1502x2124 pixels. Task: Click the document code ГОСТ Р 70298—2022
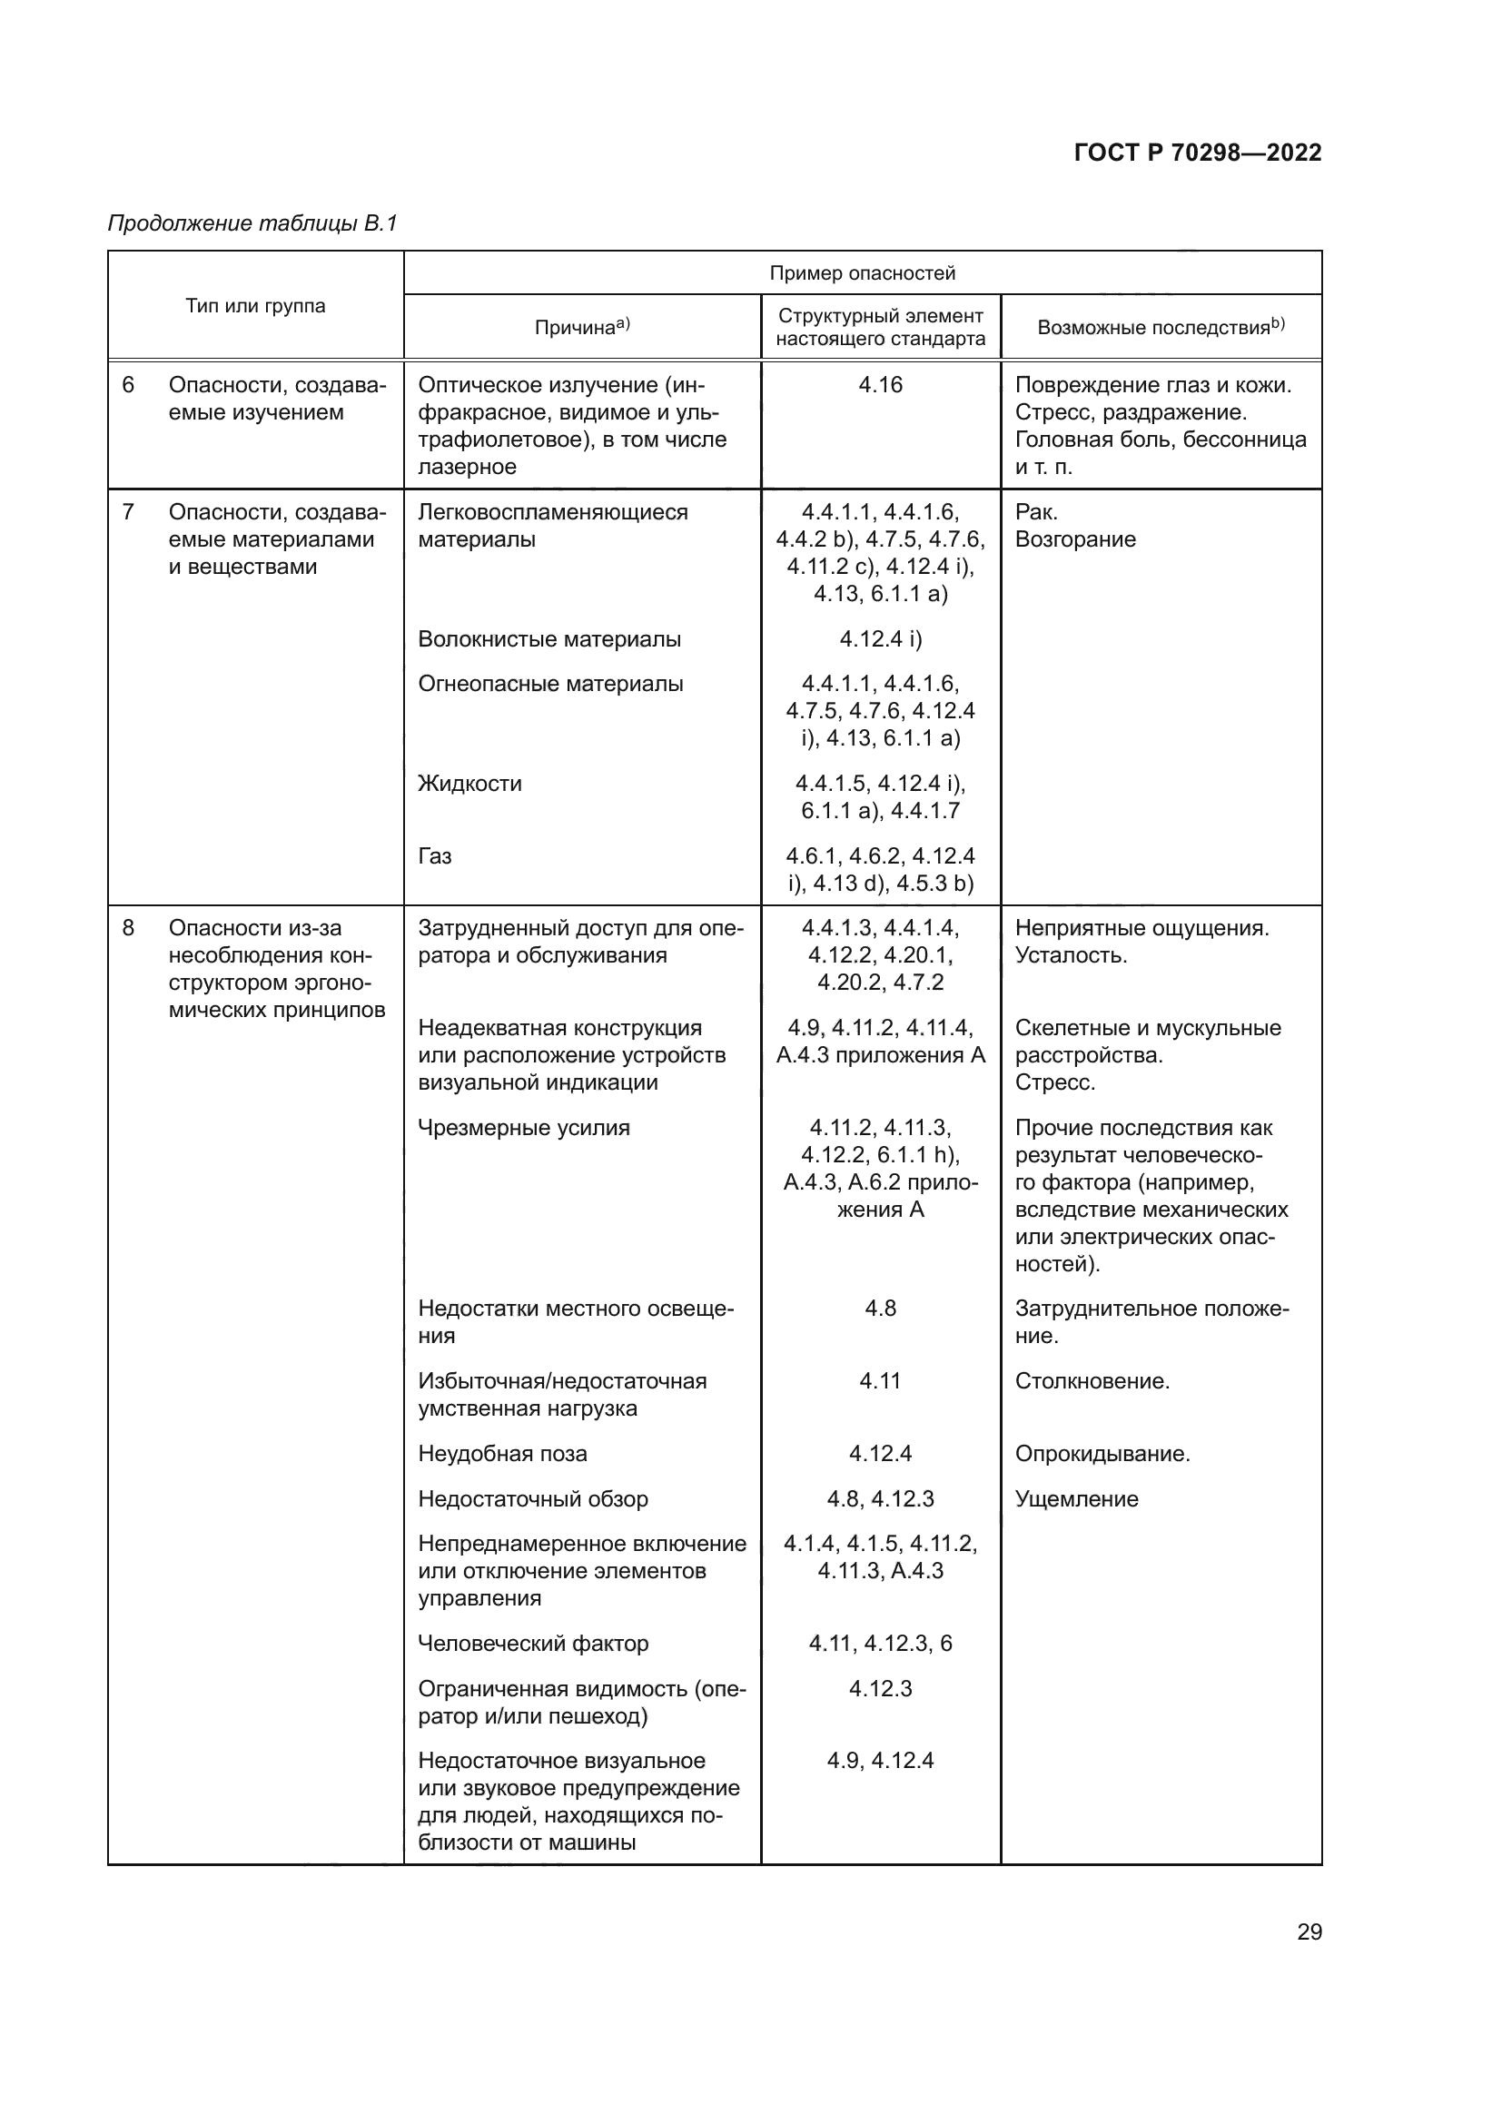[1197, 153]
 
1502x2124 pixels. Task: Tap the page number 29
[1309, 1931]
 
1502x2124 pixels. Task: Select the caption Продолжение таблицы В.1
[252, 223]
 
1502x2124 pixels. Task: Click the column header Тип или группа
[255, 306]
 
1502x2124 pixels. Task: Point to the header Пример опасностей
[862, 273]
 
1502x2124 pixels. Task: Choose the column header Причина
[582, 327]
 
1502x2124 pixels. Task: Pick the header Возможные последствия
[1160, 327]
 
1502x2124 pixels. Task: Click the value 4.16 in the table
[880, 385]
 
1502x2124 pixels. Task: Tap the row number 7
[129, 511]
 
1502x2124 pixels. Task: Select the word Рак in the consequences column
[1036, 511]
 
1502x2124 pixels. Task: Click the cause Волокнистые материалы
[549, 639]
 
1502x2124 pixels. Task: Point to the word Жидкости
[469, 784]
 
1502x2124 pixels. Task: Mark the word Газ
[435, 855]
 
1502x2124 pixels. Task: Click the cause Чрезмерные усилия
[523, 1128]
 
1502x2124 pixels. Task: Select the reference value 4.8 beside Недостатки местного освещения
[880, 1308]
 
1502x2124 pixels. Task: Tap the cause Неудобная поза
[502, 1453]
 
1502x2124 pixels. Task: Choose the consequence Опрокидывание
[1102, 1453]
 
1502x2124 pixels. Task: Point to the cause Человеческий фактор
[533, 1643]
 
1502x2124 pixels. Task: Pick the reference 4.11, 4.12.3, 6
[880, 1643]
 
